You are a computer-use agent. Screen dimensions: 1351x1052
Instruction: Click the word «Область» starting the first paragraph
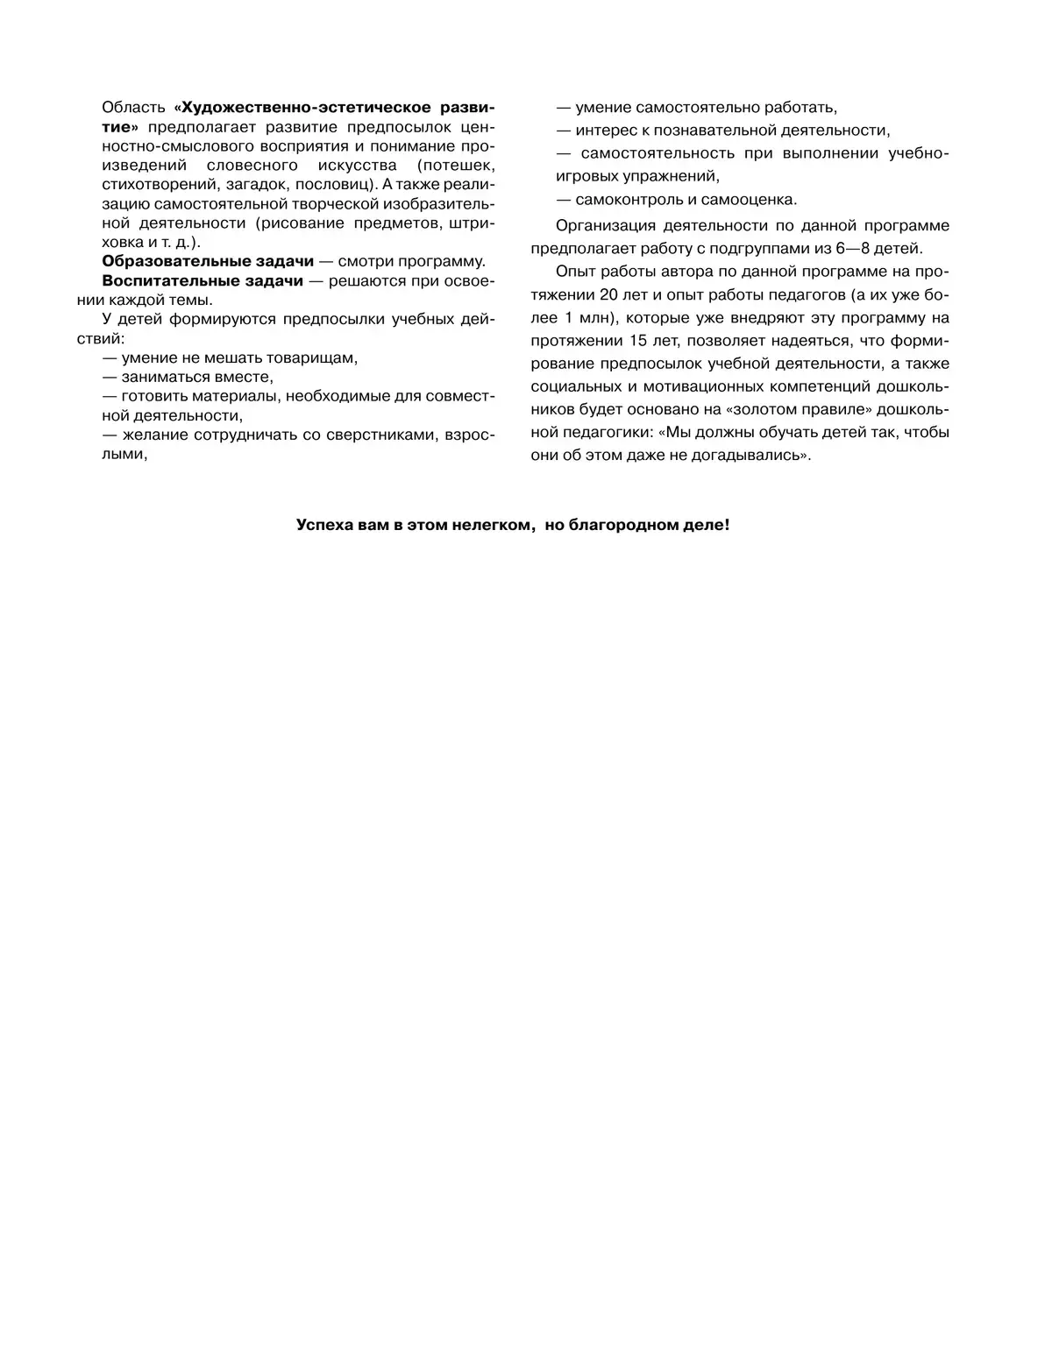coord(133,108)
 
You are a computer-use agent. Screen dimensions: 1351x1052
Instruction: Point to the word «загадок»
coord(257,184)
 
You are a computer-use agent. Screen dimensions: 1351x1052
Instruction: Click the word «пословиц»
coord(333,184)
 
